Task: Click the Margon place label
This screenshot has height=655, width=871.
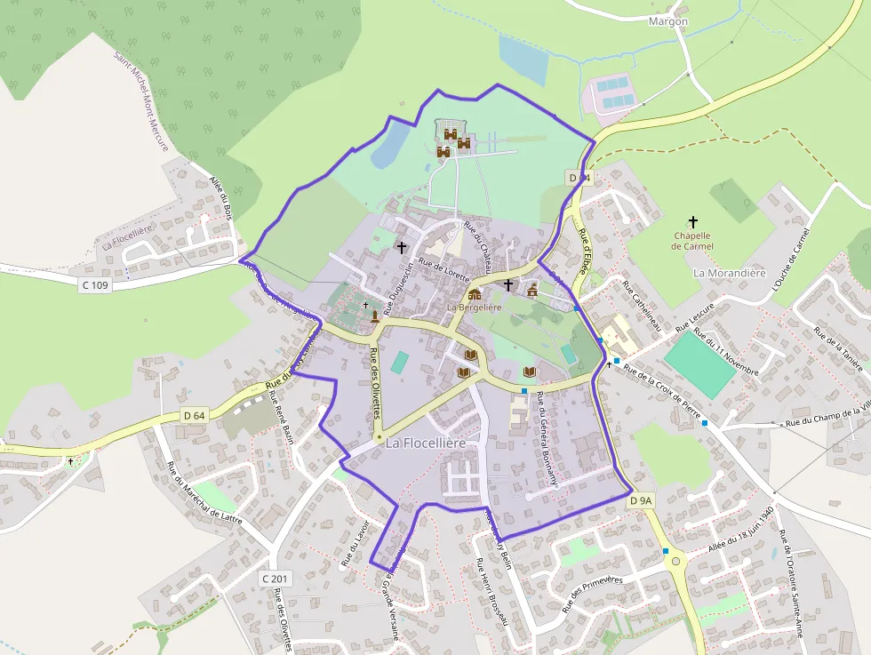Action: tap(667, 20)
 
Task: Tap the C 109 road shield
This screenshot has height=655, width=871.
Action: tap(95, 285)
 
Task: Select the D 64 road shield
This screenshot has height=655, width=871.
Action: tap(194, 415)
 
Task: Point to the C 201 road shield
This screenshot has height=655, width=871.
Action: tap(276, 579)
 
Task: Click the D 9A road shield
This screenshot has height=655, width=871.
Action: tap(641, 501)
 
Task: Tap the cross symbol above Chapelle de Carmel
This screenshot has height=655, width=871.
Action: tap(693, 221)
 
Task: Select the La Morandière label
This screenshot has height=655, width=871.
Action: tap(729, 273)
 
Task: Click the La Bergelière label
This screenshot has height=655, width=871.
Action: tap(474, 308)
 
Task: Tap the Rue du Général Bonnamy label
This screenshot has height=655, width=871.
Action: tap(547, 440)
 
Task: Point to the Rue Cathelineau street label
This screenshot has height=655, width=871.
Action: tap(642, 308)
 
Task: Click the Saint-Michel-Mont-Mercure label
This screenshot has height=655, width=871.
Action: tap(142, 101)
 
